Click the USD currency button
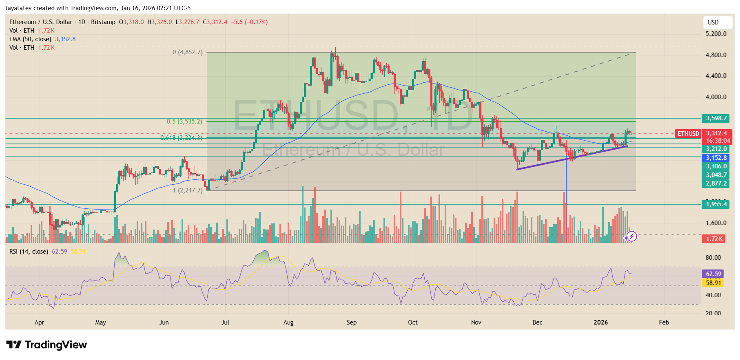(x=713, y=22)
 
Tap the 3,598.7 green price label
(x=716, y=118)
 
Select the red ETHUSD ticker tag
(x=688, y=134)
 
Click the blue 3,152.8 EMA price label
(x=716, y=158)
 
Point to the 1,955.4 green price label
(x=716, y=204)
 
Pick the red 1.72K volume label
(x=714, y=239)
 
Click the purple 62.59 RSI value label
(x=713, y=274)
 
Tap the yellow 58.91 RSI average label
(x=713, y=283)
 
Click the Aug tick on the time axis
(x=288, y=322)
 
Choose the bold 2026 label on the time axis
(x=600, y=322)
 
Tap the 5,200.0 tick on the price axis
(x=716, y=34)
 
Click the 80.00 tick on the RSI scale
(x=713, y=258)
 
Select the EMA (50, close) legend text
(x=30, y=39)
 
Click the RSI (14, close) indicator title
(x=29, y=252)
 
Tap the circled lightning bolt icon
(x=631, y=236)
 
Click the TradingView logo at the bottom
(x=47, y=345)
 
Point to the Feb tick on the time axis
(x=664, y=322)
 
